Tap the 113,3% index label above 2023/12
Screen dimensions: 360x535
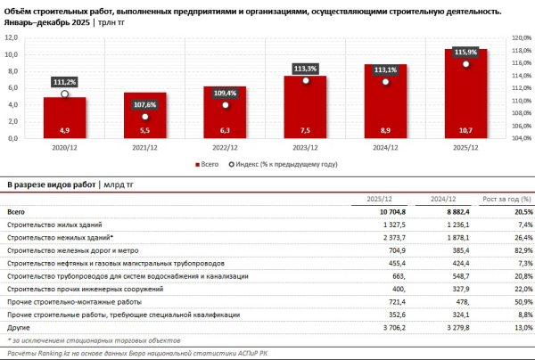coord(306,67)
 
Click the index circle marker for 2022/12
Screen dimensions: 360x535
coord(226,105)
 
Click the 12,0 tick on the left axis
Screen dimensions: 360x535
coord(13,38)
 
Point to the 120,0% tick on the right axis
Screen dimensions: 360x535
coord(521,38)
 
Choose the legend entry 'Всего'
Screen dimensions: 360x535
coord(208,164)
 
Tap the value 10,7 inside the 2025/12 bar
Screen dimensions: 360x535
coord(466,130)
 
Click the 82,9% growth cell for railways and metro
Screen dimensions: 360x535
coord(520,252)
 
